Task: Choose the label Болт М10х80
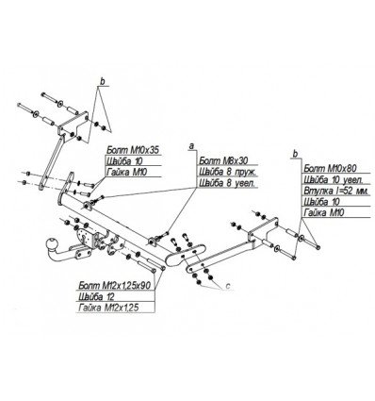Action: click(x=326, y=165)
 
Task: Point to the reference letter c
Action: click(x=226, y=291)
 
